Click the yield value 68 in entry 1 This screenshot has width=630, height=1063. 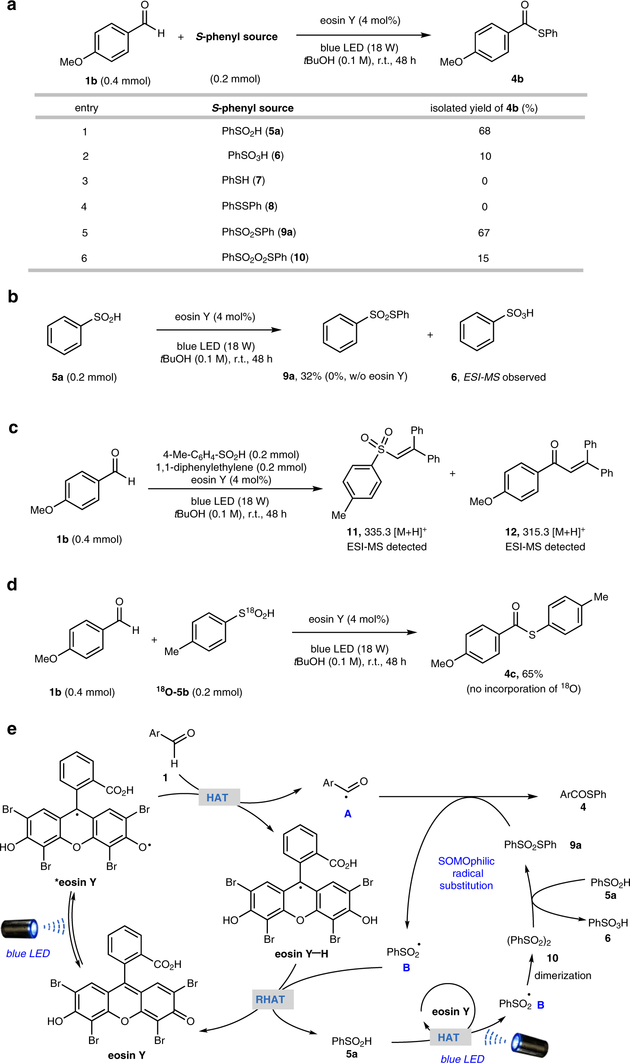(x=484, y=131)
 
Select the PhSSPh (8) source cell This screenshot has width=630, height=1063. (x=249, y=206)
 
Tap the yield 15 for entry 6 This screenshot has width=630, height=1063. (x=483, y=258)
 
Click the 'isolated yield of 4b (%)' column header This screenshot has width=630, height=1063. (x=484, y=108)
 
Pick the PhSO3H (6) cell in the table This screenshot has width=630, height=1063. (x=255, y=156)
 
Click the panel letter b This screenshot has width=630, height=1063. (x=13, y=297)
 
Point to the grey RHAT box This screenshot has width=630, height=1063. (x=270, y=999)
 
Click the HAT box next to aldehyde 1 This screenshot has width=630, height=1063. (x=217, y=798)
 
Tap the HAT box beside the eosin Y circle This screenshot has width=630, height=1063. (x=449, y=1038)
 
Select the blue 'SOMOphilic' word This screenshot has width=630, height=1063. (x=466, y=861)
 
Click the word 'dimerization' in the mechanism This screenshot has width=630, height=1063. (x=563, y=975)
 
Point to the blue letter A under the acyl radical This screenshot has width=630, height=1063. (x=348, y=814)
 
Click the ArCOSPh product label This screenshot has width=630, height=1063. (x=583, y=794)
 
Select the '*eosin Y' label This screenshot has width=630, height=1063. (x=76, y=882)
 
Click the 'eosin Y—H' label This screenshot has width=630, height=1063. (x=301, y=954)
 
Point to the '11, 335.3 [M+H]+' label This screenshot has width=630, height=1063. (x=387, y=532)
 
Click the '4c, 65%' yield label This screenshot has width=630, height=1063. (x=523, y=674)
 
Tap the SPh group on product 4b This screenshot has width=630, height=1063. (x=547, y=34)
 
